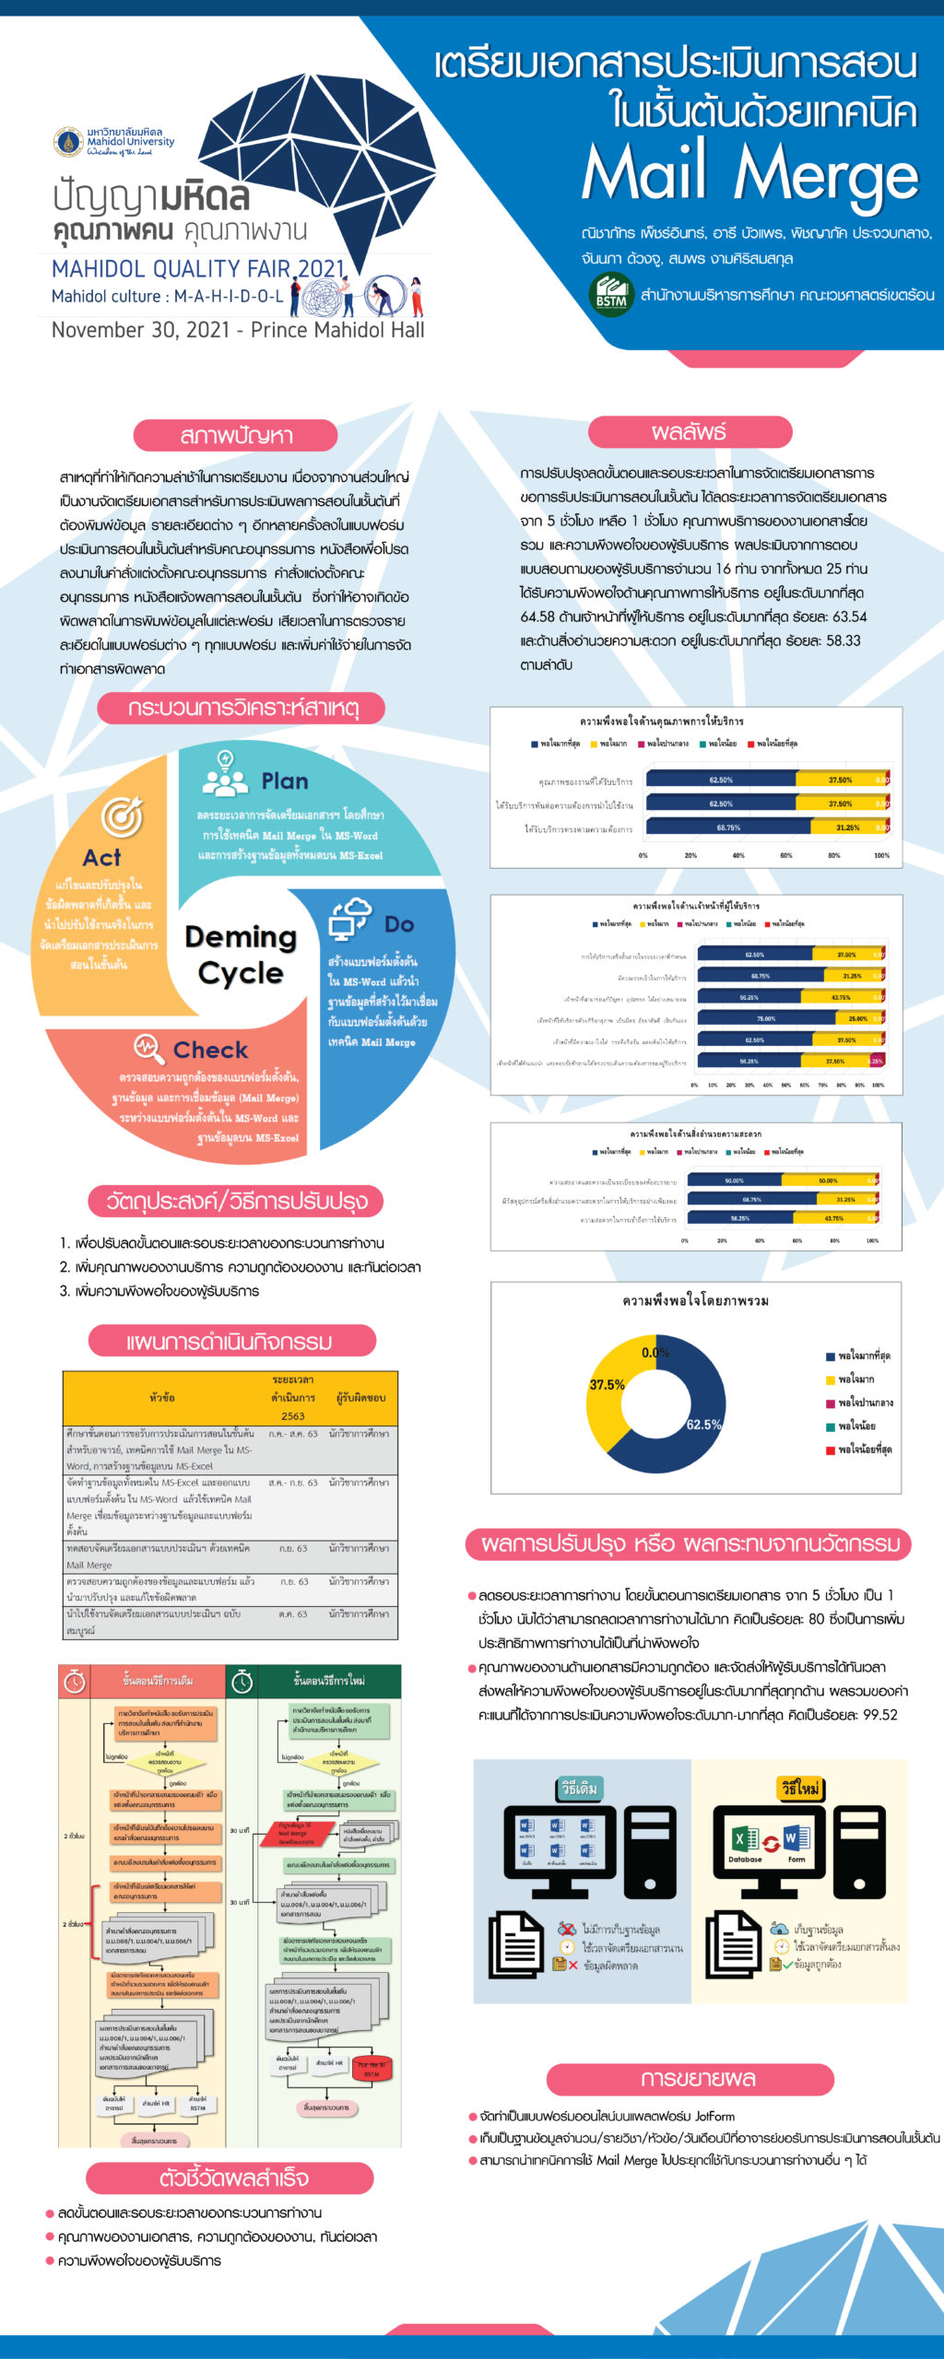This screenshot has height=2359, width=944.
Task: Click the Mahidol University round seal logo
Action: tap(67, 142)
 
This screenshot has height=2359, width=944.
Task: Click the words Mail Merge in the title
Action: tap(750, 173)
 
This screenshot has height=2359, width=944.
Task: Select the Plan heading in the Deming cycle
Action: tap(285, 781)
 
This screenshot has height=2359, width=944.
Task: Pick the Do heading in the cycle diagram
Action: tap(399, 924)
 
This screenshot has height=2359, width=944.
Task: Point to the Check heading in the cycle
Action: tap(210, 1050)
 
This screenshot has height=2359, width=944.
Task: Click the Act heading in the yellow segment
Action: tap(101, 858)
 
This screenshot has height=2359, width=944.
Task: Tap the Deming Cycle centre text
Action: tap(241, 955)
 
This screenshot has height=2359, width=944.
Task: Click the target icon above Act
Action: tap(122, 816)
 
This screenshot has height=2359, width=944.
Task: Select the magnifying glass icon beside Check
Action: tap(148, 1047)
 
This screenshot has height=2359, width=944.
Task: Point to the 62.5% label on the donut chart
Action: tap(703, 1424)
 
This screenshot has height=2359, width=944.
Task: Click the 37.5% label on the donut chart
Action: tap(607, 1384)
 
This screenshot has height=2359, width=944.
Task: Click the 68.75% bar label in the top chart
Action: tap(728, 827)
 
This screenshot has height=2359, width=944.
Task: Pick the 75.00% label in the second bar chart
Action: tap(766, 1018)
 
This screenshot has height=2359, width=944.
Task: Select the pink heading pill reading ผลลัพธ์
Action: tap(690, 432)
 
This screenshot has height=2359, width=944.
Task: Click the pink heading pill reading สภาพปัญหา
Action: tap(236, 435)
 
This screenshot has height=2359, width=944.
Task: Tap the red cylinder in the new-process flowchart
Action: tap(372, 2069)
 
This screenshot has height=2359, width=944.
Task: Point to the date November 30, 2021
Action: tap(140, 330)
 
